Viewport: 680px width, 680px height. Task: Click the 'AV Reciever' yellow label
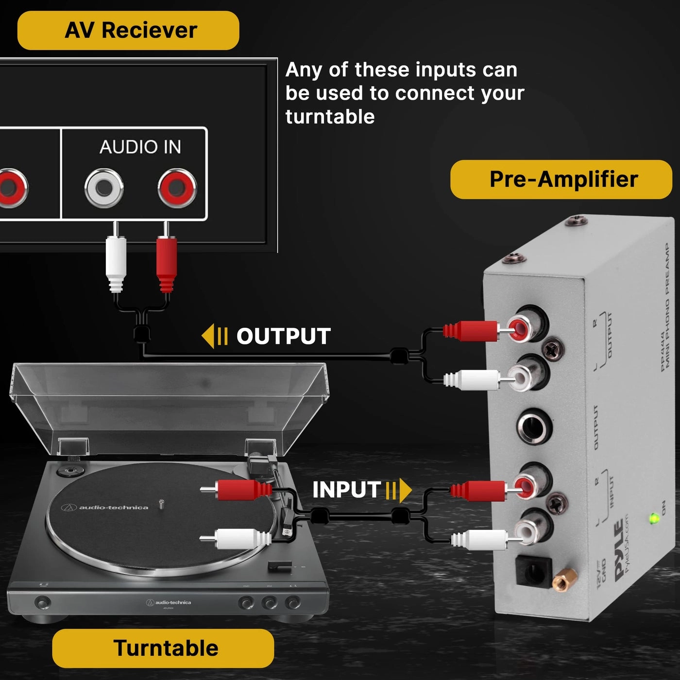(128, 30)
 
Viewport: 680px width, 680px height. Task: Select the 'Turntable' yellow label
(163, 648)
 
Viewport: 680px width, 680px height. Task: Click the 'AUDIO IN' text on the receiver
(140, 147)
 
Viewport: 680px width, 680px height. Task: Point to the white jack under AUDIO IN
(103, 188)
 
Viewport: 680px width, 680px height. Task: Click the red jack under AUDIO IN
(177, 188)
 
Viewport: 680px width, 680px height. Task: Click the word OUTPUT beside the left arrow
(283, 336)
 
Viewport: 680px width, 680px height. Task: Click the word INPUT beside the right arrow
(346, 490)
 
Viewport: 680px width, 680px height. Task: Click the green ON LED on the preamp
(654, 519)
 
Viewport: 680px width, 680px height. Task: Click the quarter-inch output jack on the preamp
(533, 428)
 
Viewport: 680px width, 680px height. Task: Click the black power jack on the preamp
(533, 572)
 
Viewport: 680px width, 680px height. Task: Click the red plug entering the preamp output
(471, 331)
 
